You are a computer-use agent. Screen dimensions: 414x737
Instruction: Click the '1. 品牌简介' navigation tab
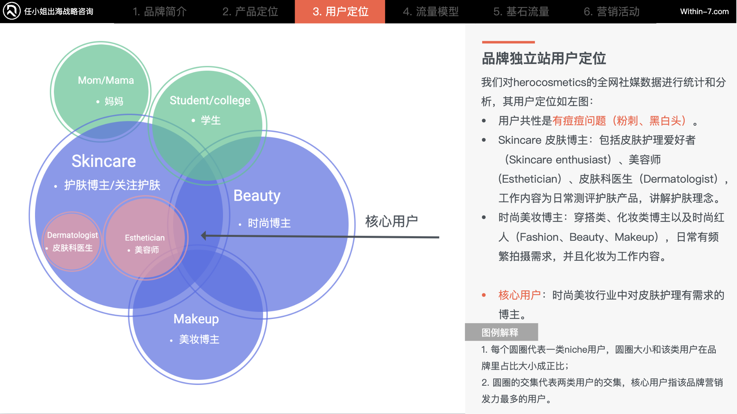point(159,12)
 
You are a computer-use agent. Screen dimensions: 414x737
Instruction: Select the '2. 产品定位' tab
point(250,12)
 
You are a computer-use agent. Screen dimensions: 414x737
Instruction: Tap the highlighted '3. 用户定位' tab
point(340,12)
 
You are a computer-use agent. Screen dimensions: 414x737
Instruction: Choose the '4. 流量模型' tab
point(431,12)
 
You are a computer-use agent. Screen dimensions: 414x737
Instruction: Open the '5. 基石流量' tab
point(521,12)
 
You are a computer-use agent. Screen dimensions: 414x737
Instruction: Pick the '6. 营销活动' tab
point(612,12)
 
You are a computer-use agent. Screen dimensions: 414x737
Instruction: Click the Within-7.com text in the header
point(704,12)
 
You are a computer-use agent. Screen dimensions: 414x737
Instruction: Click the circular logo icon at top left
point(12,11)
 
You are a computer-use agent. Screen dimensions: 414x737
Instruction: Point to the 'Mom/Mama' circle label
point(106,81)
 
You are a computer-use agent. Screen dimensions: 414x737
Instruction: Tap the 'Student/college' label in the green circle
point(210,101)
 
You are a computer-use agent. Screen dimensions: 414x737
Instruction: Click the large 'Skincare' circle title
point(103,161)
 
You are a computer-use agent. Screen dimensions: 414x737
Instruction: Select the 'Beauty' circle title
point(257,196)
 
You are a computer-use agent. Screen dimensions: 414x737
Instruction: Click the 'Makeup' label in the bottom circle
point(196,319)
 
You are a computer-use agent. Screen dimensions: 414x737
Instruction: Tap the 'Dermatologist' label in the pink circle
point(72,235)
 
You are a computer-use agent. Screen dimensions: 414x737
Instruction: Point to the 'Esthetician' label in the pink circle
point(145,238)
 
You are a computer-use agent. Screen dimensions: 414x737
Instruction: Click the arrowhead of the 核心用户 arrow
point(204,236)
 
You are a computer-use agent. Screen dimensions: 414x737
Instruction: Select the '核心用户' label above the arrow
point(391,221)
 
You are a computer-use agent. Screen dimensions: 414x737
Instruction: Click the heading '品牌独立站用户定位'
point(544,59)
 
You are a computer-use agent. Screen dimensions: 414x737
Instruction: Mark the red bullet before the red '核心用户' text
point(484,295)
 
